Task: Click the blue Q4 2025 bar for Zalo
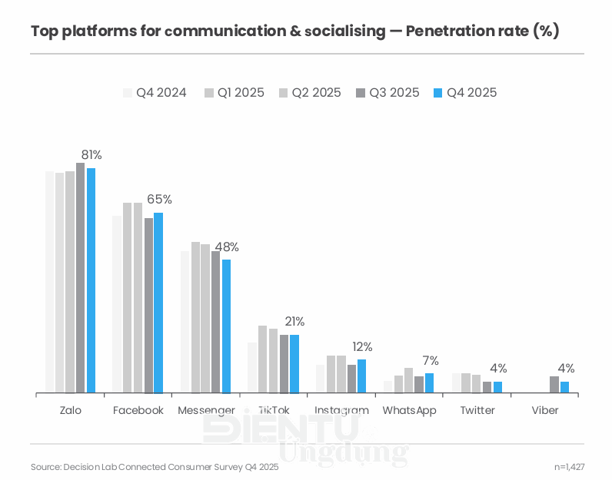click(x=91, y=280)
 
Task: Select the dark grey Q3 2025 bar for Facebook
click(x=148, y=306)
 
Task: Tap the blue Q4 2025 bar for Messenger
click(x=226, y=326)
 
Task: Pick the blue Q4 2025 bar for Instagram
click(x=361, y=376)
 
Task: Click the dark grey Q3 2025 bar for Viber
click(x=554, y=385)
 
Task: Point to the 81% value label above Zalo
click(x=91, y=155)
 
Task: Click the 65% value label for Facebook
click(x=159, y=200)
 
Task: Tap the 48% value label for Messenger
click(x=226, y=247)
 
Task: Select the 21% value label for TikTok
click(x=294, y=322)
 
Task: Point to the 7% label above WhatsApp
click(x=431, y=360)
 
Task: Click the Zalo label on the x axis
click(x=70, y=411)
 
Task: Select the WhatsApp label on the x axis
click(x=409, y=411)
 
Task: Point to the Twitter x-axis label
click(x=477, y=411)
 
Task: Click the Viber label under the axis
click(x=545, y=411)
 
